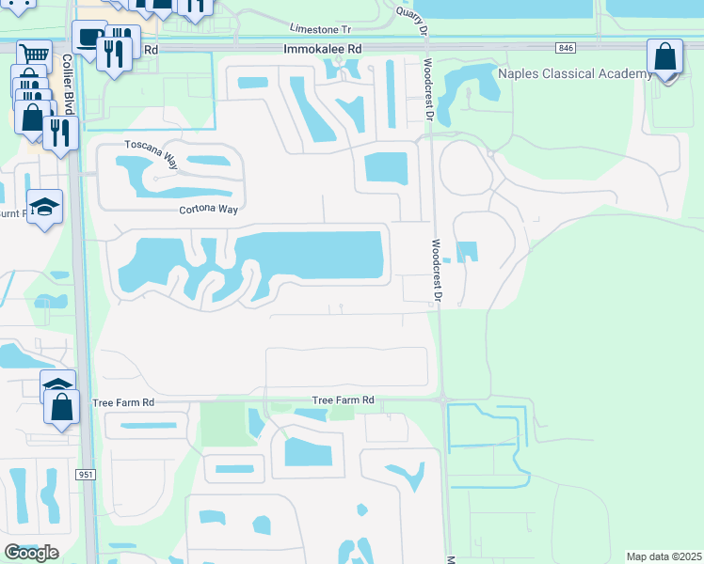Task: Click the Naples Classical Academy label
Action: point(574,73)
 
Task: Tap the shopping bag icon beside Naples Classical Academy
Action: point(665,57)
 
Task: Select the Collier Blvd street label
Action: point(69,85)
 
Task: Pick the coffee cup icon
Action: point(89,38)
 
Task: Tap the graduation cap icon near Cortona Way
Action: point(43,208)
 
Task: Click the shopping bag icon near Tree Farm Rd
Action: point(62,409)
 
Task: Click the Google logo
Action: point(31,553)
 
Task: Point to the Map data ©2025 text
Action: point(663,556)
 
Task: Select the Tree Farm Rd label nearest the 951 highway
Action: point(123,402)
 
